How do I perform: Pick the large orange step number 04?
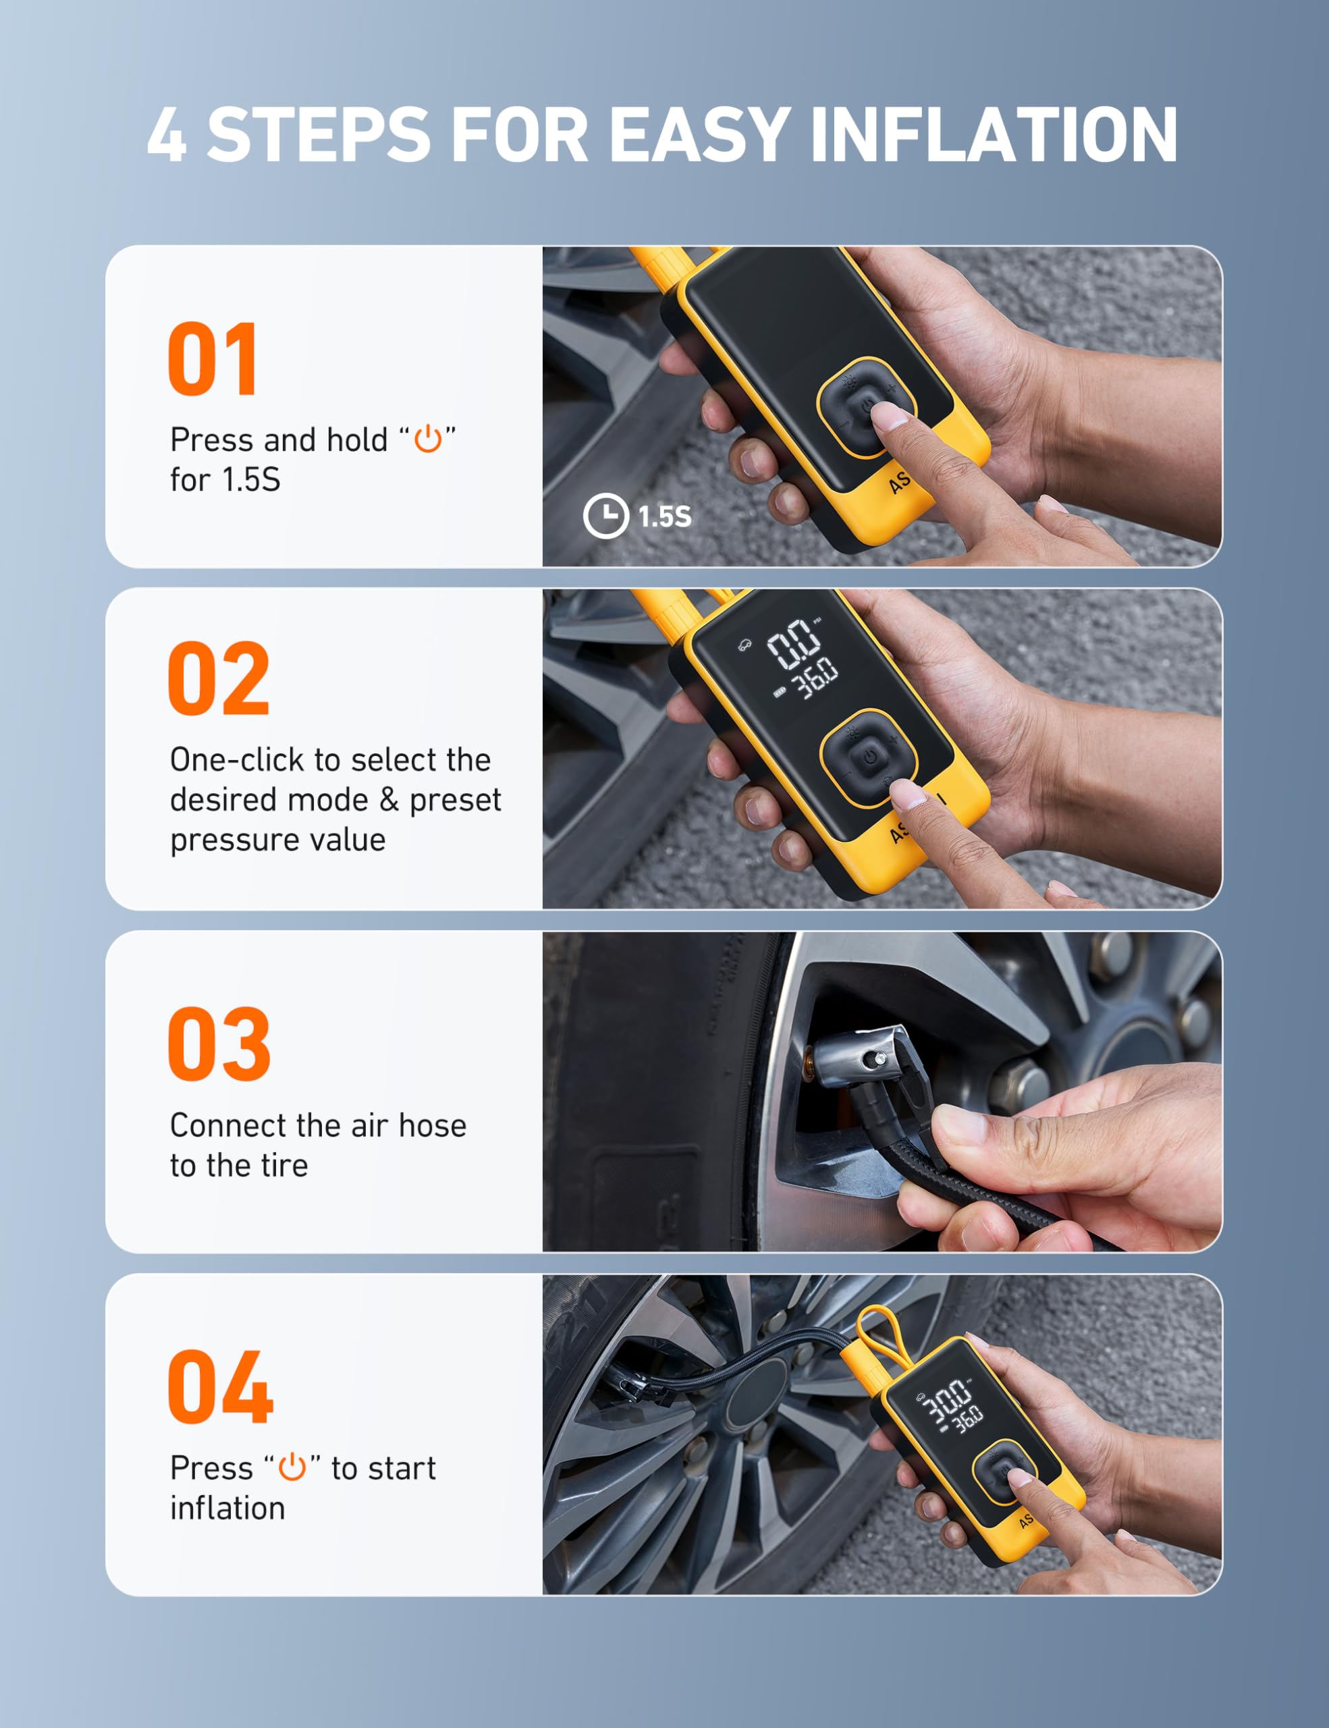(x=221, y=1387)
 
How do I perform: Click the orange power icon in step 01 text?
(x=428, y=438)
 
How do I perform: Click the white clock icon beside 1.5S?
(x=606, y=516)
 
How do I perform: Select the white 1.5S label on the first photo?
(x=664, y=516)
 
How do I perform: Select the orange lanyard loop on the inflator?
(x=879, y=1330)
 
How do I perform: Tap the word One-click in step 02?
(x=236, y=759)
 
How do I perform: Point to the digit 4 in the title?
(x=167, y=134)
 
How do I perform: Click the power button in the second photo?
(x=870, y=757)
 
